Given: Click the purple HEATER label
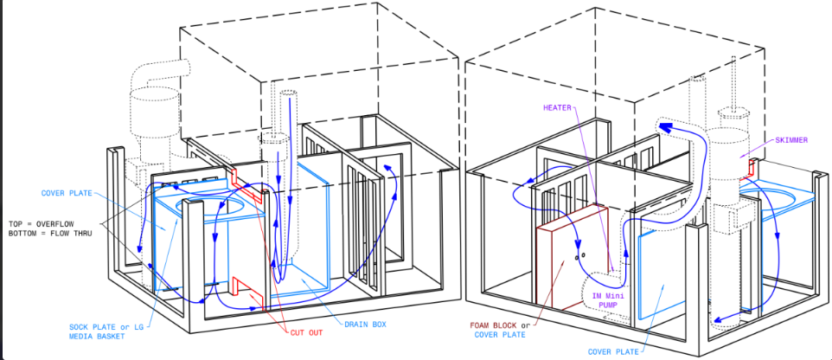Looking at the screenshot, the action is click(557, 107).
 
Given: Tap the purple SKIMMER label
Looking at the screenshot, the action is click(791, 140).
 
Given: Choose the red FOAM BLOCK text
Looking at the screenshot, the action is click(492, 325).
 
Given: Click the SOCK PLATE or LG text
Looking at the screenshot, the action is click(106, 326).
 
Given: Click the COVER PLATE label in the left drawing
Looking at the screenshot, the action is click(66, 193).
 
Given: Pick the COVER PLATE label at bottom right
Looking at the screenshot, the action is click(612, 351).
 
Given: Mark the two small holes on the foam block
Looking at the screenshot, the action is click(580, 255).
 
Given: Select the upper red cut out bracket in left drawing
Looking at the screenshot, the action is click(246, 186).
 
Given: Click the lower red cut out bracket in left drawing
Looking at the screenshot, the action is click(247, 293).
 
